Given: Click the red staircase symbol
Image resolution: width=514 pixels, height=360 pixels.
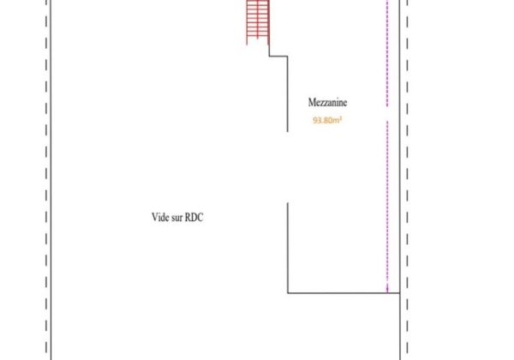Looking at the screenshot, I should pos(256,21).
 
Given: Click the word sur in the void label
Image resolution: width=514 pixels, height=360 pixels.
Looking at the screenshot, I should pos(176,218).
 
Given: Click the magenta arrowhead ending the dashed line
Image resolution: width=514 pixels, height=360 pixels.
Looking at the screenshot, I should pos(387,291).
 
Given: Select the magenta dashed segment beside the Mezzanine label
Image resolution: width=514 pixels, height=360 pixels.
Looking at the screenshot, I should pos(387,51).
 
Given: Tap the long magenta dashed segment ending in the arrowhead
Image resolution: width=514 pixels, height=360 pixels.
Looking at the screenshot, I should pos(387,206).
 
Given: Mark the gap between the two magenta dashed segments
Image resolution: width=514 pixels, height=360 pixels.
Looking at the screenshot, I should pos(387,113).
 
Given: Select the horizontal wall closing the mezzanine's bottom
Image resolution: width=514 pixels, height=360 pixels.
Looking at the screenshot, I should pos(343,294).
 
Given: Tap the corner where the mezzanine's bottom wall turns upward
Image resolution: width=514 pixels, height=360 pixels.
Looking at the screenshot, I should pos(288,294).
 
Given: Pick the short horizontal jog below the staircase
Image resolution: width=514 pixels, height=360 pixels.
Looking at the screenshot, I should pos(278,55).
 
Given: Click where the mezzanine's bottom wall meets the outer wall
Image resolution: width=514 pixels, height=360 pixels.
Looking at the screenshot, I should pos(399,294).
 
